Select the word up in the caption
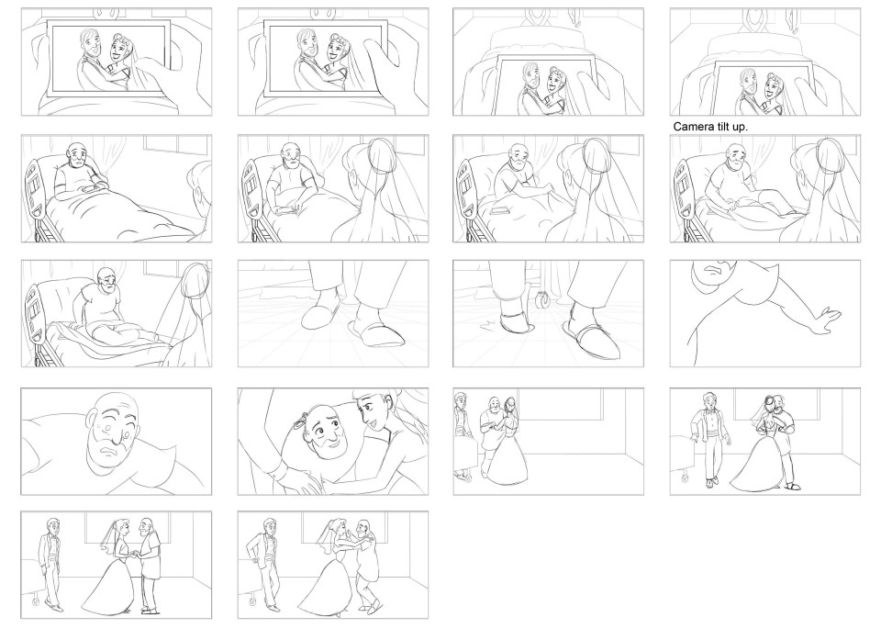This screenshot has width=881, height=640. pyautogui.click(x=740, y=128)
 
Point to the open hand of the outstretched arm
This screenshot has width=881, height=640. pyautogui.click(x=826, y=320)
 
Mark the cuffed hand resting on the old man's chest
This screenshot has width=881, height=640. pyautogui.click(x=296, y=479)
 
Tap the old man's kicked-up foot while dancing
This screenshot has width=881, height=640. pyautogui.click(x=375, y=606)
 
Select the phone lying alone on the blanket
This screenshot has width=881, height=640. pyautogui.click(x=499, y=211)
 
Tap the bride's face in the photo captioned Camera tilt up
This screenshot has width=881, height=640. pyautogui.click(x=775, y=84)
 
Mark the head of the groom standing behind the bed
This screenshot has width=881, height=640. pyautogui.click(x=461, y=399)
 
